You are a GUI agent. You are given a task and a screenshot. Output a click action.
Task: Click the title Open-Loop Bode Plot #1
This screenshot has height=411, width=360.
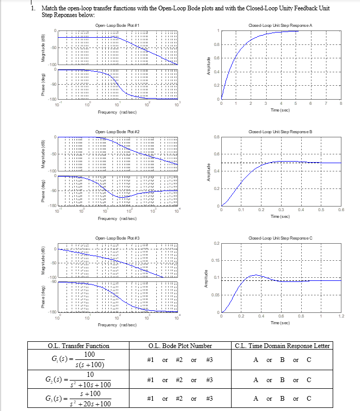coord(118,25)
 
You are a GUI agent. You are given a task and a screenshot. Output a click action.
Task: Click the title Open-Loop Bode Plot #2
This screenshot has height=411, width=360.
coord(118,132)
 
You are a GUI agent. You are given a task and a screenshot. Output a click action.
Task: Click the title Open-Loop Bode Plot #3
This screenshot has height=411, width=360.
coord(118,238)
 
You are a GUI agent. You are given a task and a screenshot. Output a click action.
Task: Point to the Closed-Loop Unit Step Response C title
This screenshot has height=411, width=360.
coord(281,238)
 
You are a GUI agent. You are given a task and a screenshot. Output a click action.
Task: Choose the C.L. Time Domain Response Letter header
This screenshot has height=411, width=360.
coord(282,346)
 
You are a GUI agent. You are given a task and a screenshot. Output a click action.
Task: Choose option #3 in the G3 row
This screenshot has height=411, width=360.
coord(209,398)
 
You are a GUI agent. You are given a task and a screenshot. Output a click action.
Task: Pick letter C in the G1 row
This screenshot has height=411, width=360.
coord(309,359)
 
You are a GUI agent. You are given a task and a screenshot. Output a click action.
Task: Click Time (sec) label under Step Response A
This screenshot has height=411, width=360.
coord(280,110)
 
